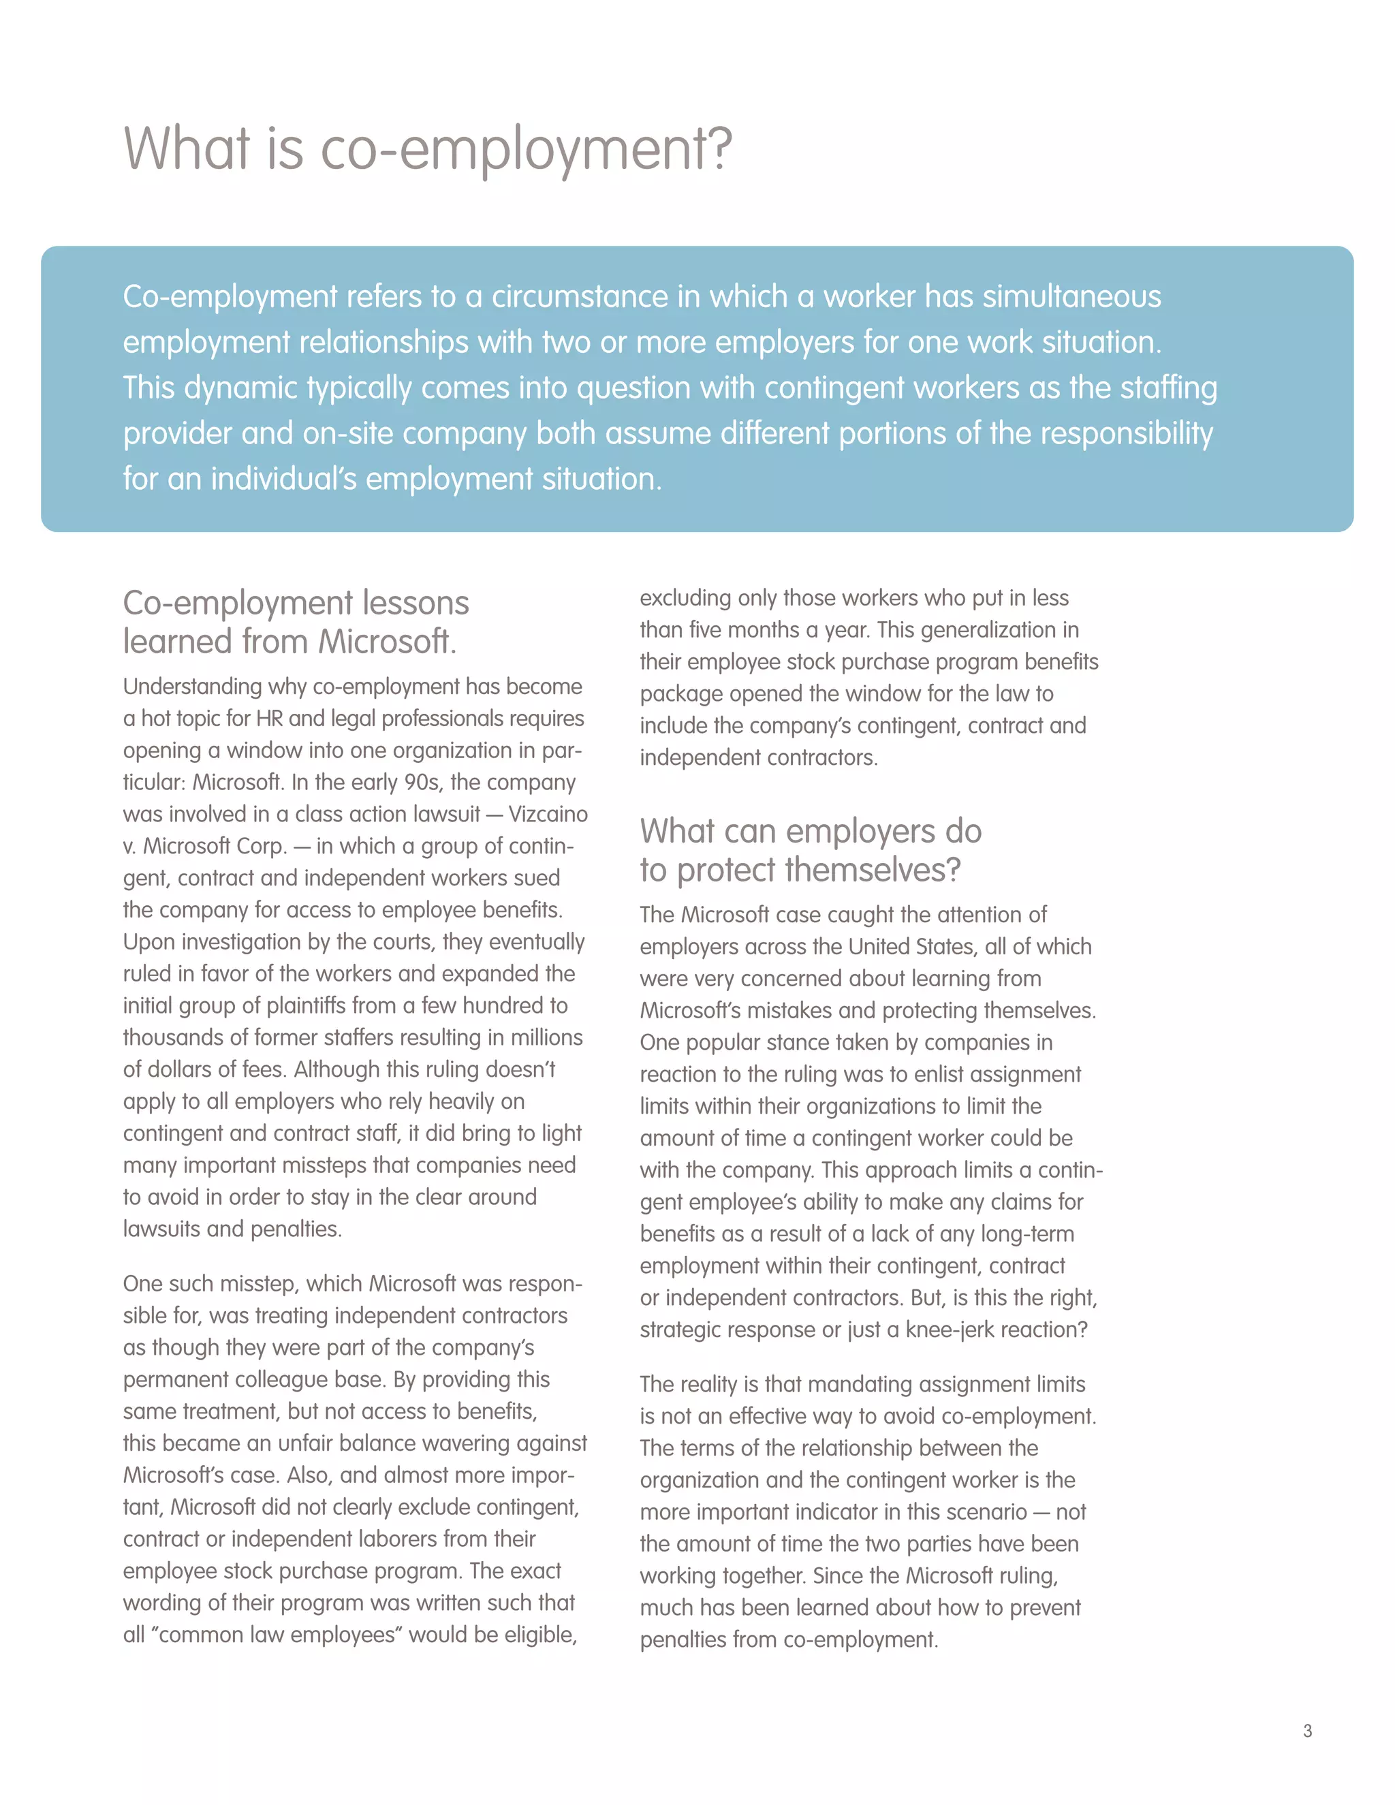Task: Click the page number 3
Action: [x=1306, y=1731]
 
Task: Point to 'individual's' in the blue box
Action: [x=283, y=479]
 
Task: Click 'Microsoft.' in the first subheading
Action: [x=388, y=642]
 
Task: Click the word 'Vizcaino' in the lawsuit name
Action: [x=548, y=814]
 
